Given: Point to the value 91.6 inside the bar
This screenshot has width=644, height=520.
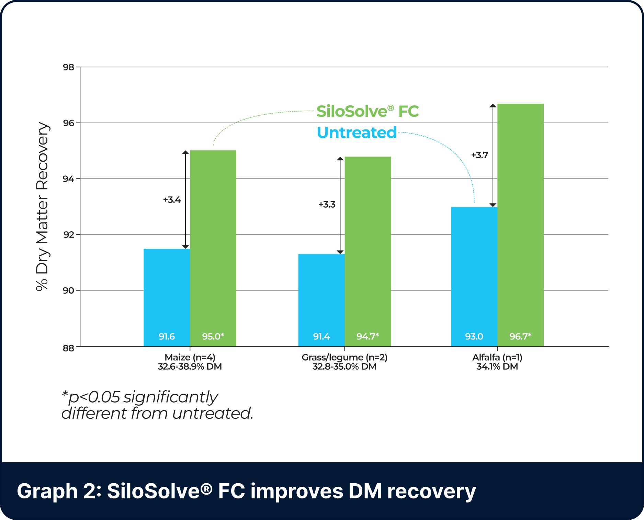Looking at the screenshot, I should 167,336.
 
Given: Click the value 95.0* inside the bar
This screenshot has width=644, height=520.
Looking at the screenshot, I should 213,336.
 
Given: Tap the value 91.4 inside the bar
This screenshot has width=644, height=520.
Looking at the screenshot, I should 321,336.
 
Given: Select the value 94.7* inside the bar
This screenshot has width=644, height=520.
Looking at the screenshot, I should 368,336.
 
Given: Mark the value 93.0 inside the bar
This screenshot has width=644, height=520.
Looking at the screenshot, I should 474,336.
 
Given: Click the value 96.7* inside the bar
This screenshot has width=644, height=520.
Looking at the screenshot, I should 520,336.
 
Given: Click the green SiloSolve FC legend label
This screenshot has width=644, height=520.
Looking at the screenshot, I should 368,112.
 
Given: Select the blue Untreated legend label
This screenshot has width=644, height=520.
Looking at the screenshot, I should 356,132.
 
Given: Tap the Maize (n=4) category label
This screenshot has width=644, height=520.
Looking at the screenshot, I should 190,358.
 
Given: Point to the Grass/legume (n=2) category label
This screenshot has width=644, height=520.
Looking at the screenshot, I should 344,358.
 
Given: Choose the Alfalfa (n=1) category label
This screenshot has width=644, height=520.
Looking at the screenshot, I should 497,358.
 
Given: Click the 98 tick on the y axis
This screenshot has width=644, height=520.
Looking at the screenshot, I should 68,67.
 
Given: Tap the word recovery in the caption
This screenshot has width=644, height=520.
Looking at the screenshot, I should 431,491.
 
